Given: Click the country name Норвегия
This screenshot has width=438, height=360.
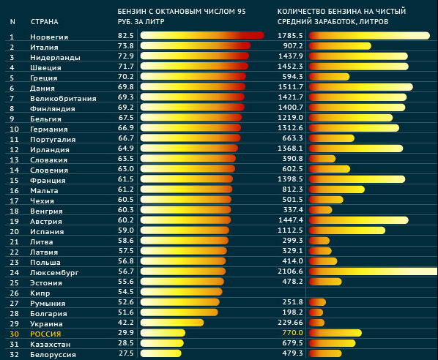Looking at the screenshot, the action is (49, 37).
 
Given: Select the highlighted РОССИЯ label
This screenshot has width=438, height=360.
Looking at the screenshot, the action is (45, 334).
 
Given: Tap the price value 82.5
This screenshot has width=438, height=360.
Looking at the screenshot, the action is (126, 35).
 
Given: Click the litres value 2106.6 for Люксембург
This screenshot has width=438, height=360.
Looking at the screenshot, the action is (290, 271).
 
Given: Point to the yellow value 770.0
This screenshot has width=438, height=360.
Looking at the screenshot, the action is (293, 333).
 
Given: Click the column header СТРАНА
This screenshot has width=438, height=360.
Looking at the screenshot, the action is (45, 22).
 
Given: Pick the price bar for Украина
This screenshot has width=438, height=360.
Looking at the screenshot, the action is (172, 323).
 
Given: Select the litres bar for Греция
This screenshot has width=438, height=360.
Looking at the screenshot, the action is (329, 77).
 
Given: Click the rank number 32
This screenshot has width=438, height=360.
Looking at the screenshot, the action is (14, 355).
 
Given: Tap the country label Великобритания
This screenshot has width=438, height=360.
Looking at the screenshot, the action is (63, 99).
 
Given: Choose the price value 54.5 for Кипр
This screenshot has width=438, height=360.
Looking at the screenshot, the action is (126, 292).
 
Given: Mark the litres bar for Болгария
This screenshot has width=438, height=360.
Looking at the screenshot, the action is (316, 312).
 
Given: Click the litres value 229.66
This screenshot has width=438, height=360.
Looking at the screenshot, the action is (290, 323).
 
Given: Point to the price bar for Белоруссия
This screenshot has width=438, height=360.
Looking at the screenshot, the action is (161, 353).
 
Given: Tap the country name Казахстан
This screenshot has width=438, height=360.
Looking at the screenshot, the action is (51, 345).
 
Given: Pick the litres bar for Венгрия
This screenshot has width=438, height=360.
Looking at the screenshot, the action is (320, 210).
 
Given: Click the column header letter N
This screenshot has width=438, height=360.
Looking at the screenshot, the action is (12, 22).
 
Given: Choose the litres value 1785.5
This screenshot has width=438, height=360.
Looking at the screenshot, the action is (290, 35).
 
